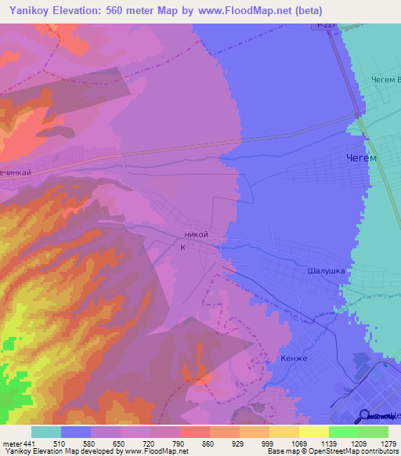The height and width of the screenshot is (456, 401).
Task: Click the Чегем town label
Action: click(x=361, y=157)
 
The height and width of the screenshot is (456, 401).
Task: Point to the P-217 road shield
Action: click(x=327, y=26)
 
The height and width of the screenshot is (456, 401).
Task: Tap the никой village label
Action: click(x=195, y=233)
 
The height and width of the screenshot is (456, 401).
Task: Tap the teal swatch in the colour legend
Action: click(x=45, y=432)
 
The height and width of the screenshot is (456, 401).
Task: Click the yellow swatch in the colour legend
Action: click(x=313, y=432)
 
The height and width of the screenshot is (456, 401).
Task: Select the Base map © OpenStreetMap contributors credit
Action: click(x=331, y=451)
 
